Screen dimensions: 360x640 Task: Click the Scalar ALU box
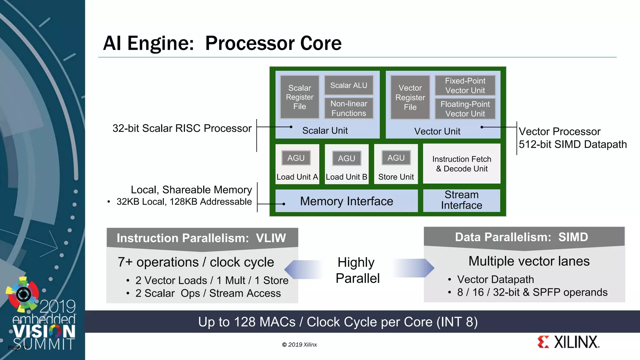click(x=349, y=85)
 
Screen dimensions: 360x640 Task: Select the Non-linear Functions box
click(x=349, y=108)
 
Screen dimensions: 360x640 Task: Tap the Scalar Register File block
click(x=300, y=97)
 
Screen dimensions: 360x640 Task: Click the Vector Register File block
click(x=410, y=97)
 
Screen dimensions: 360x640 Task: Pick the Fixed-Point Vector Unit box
click(x=465, y=86)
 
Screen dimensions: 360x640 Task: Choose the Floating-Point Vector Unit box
click(x=465, y=109)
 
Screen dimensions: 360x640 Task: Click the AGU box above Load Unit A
click(x=296, y=158)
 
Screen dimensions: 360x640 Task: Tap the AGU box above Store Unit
click(x=396, y=158)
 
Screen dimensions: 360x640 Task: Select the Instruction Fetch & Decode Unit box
click(x=462, y=164)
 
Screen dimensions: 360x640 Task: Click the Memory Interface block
click(x=346, y=201)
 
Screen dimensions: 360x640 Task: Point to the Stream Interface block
click(x=462, y=200)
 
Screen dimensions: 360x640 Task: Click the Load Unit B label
click(x=346, y=177)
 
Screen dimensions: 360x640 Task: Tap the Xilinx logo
click(x=568, y=342)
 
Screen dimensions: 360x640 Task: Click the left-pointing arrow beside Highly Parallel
click(x=303, y=269)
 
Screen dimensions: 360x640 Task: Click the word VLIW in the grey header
click(x=271, y=238)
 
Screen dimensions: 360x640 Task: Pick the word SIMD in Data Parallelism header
click(x=573, y=237)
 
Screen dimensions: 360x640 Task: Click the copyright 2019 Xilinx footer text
click(x=299, y=345)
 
